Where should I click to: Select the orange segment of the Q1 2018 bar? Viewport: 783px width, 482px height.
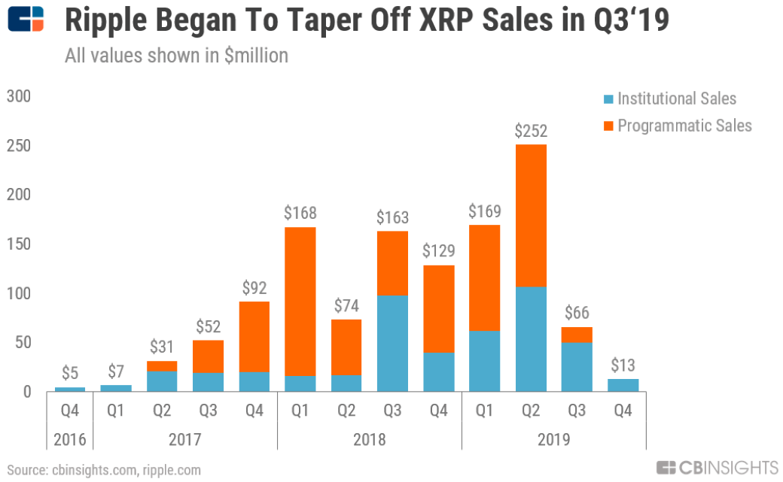[x=300, y=301]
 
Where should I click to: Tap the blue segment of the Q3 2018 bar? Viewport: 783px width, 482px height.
[x=391, y=343]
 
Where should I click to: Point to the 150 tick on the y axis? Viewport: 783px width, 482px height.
[x=20, y=244]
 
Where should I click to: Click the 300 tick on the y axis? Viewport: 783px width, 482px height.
[x=20, y=96]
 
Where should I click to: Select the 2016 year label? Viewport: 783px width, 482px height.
[x=69, y=439]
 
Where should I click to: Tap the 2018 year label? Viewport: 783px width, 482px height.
[x=369, y=439]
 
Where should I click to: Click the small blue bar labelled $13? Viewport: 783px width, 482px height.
[x=622, y=384]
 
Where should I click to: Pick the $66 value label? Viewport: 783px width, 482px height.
[x=576, y=313]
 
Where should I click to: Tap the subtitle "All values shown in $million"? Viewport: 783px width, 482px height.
[x=176, y=56]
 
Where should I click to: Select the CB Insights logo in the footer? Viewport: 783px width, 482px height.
[x=716, y=468]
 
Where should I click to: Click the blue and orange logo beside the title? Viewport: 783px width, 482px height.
[x=26, y=20]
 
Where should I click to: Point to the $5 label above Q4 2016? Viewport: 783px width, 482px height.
[x=69, y=373]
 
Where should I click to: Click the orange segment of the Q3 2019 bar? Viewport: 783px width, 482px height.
[x=576, y=334]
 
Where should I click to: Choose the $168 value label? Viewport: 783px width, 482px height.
[x=300, y=213]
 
